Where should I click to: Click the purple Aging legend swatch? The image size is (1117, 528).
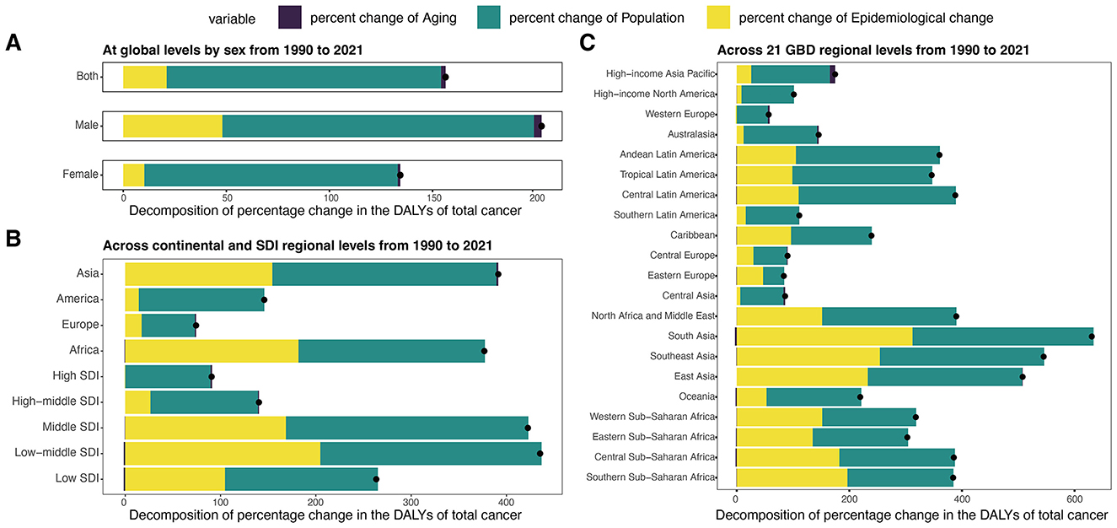[290, 16]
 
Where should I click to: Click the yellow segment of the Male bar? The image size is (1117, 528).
[173, 126]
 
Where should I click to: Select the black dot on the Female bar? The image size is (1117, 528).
[400, 175]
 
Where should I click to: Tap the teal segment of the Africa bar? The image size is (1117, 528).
[391, 350]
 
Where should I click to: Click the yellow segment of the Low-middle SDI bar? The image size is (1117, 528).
[223, 453]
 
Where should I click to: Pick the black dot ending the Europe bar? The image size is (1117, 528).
[196, 325]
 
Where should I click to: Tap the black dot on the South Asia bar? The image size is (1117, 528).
[1092, 337]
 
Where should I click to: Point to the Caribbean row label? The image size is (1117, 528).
[692, 235]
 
